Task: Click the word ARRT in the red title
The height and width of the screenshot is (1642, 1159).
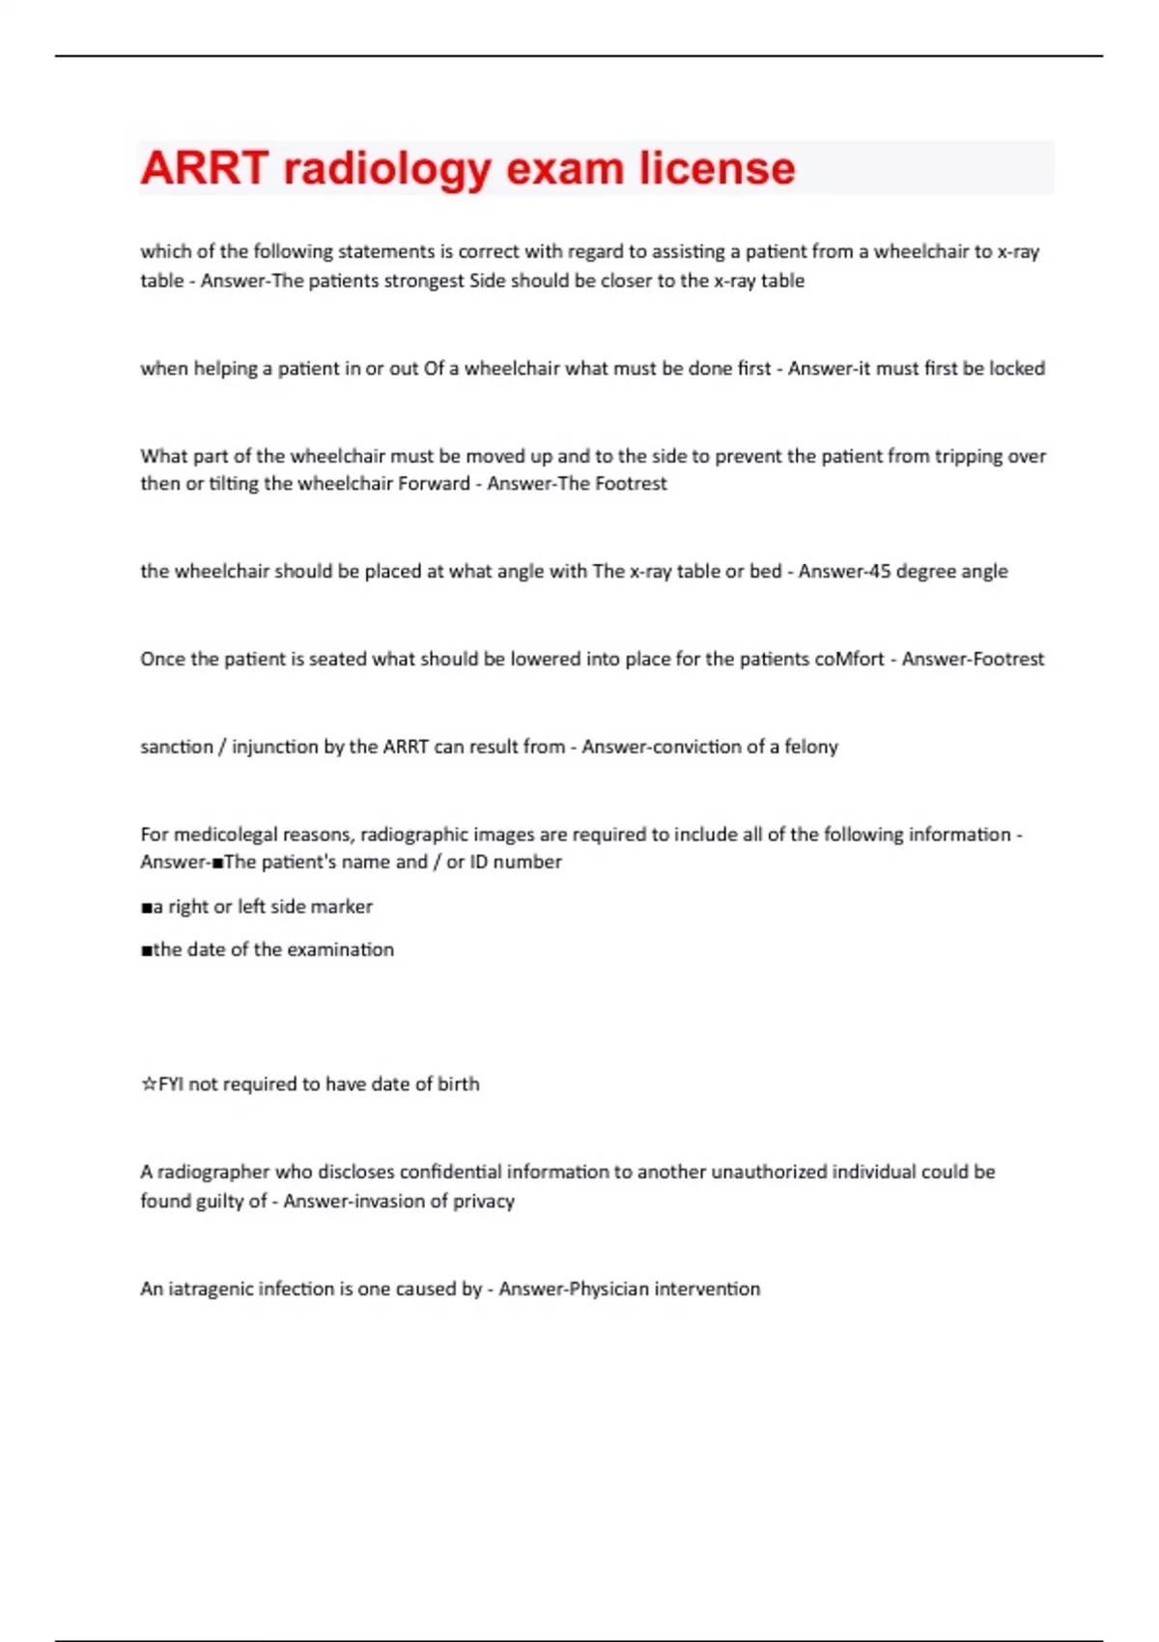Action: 204,168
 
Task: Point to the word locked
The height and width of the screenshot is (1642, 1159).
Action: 1017,368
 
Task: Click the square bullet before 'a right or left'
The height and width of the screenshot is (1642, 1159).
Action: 147,907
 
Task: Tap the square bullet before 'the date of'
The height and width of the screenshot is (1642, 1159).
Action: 147,950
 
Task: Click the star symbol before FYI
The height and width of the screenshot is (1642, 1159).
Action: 149,1085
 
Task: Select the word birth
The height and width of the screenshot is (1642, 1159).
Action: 458,1084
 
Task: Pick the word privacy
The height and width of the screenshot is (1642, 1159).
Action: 484,1202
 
